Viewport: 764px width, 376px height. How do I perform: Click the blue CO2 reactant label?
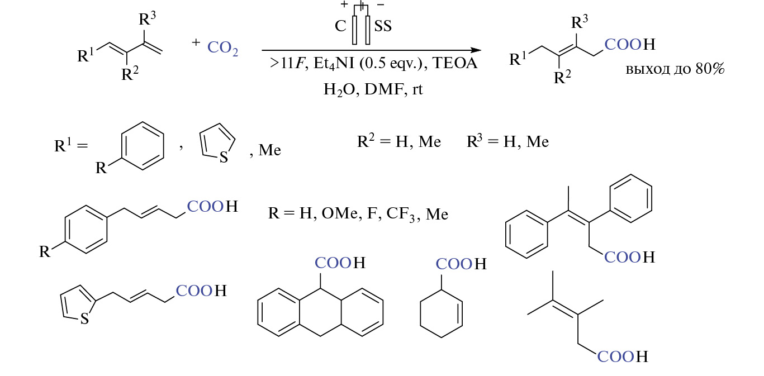tap(223, 49)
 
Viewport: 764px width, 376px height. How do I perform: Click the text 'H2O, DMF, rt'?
tap(373, 89)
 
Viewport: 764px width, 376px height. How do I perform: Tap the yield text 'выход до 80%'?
tap(675, 71)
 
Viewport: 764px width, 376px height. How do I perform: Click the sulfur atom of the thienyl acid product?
tap(84, 319)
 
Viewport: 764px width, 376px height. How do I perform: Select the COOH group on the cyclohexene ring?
tap(461, 264)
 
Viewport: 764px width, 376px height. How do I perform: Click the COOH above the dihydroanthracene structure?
tap(340, 263)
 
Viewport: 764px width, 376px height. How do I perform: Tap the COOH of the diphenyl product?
tap(628, 257)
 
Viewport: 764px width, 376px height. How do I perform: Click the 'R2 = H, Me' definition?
tap(399, 142)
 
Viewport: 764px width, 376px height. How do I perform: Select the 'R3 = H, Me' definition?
tap(507, 142)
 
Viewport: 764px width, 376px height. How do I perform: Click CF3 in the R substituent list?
tap(402, 214)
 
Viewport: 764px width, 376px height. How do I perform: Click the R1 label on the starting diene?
tap(87, 56)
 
